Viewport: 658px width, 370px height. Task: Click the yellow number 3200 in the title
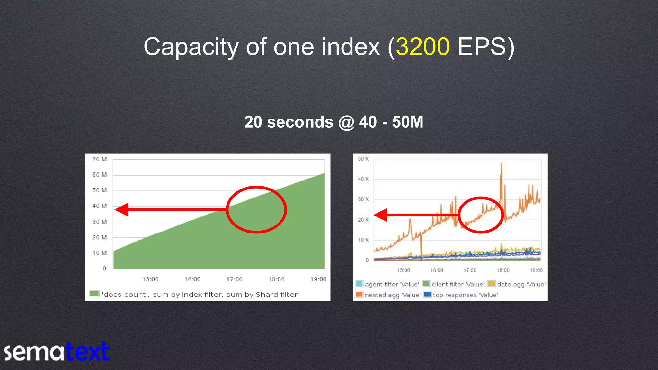tap(422, 47)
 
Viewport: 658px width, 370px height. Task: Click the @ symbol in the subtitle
tap(346, 122)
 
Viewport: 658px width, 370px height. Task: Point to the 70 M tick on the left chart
tap(99, 159)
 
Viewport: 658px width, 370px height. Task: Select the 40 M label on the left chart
tap(99, 206)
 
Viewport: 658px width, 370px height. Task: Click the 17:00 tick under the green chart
tap(234, 279)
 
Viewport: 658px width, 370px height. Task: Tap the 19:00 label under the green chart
tap(318, 279)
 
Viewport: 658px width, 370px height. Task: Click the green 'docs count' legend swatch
tap(94, 294)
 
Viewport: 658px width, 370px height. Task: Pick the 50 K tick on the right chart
tap(363, 159)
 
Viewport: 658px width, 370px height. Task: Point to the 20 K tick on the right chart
tap(363, 220)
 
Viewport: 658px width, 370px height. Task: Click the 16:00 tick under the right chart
tap(437, 270)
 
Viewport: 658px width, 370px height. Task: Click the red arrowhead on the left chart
tap(122, 210)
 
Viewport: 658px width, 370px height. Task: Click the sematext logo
tap(57, 351)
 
